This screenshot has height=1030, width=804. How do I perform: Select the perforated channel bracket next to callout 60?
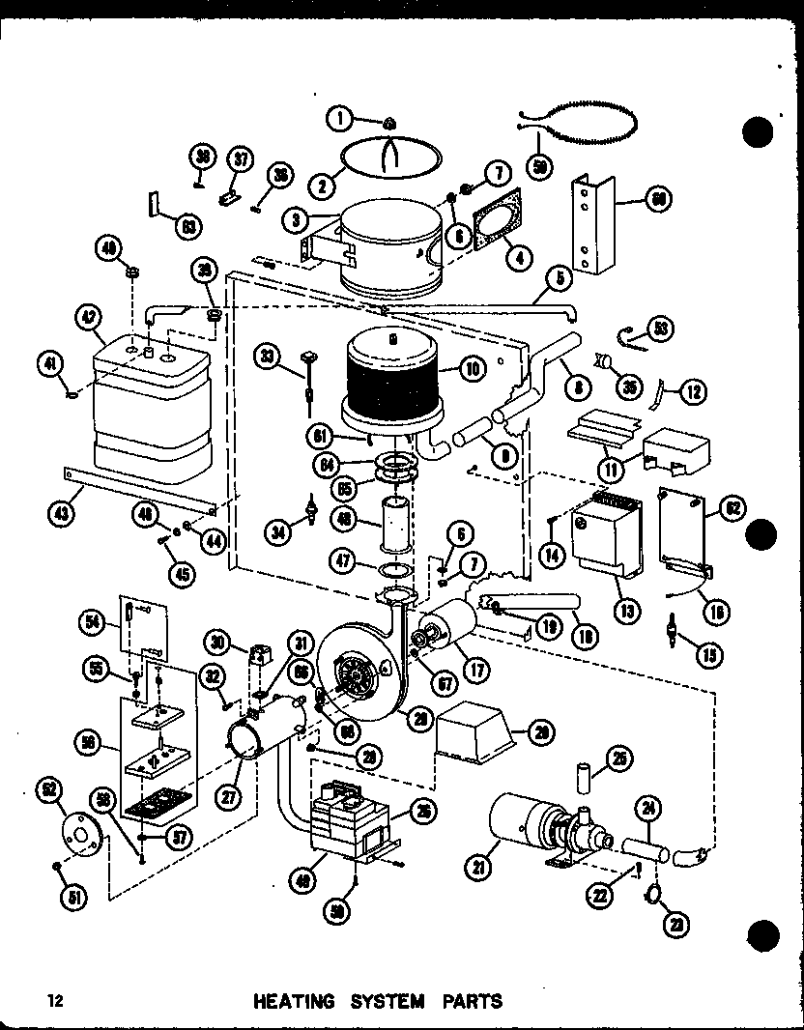coord(590,222)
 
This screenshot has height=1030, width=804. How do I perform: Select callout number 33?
coord(266,357)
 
